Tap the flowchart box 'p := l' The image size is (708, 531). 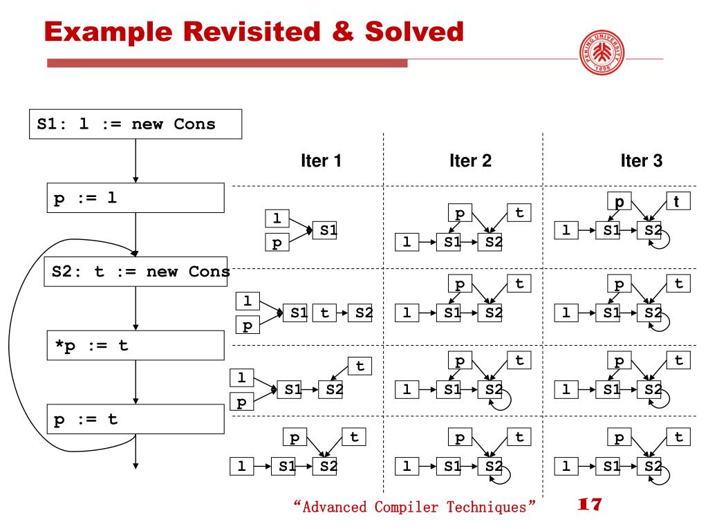[136, 198]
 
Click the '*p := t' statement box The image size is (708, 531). [136, 345]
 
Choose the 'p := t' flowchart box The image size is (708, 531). [136, 420]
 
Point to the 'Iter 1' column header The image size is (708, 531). [321, 162]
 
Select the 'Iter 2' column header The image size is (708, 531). [470, 162]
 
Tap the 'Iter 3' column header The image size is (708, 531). [642, 162]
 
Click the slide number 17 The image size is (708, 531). [589, 504]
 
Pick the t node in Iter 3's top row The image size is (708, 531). [678, 201]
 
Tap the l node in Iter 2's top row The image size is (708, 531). [407, 242]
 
